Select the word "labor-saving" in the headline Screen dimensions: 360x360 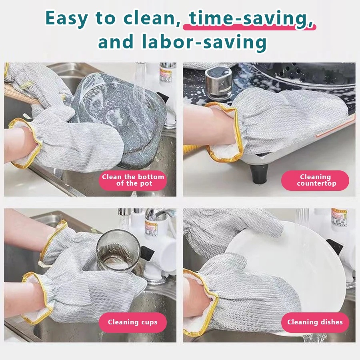click(204, 42)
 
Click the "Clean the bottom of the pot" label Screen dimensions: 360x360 click(133, 180)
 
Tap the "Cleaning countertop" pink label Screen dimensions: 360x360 click(315, 180)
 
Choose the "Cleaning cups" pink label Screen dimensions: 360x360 click(133, 322)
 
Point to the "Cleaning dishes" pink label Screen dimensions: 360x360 click(315, 322)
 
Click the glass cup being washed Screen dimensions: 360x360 click(118, 250)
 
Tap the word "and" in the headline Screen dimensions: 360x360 click(116, 42)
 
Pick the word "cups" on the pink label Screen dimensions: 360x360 click(149, 322)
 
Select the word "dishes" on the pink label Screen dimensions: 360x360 click(331, 322)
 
